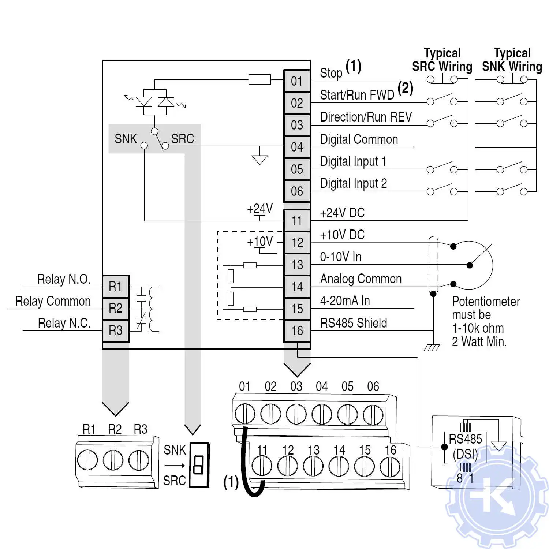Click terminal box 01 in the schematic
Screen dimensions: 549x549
tap(297, 81)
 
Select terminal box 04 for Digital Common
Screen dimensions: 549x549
tap(297, 147)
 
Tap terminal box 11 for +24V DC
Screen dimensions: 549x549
tap(297, 221)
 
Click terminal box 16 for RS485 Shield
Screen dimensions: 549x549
tap(297, 331)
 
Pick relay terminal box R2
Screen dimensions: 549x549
tap(116, 308)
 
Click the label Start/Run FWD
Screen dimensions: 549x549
tap(357, 95)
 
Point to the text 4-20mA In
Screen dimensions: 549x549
tap(345, 301)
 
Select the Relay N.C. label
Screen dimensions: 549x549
tap(64, 323)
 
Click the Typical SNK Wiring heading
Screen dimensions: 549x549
tap(512, 60)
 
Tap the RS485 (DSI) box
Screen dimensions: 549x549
tap(465, 447)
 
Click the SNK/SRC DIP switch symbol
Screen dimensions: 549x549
tap(199, 465)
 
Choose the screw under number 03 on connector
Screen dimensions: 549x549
tap(296, 414)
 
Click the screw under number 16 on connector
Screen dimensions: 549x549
tap(390, 467)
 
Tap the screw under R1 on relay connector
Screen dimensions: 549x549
tap(87, 460)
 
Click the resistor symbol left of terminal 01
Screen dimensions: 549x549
tap(259, 79)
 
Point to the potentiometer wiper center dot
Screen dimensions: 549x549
tap(470, 265)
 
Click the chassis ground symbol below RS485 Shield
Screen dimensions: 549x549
tap(432, 347)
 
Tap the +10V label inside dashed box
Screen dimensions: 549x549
tap(259, 242)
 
